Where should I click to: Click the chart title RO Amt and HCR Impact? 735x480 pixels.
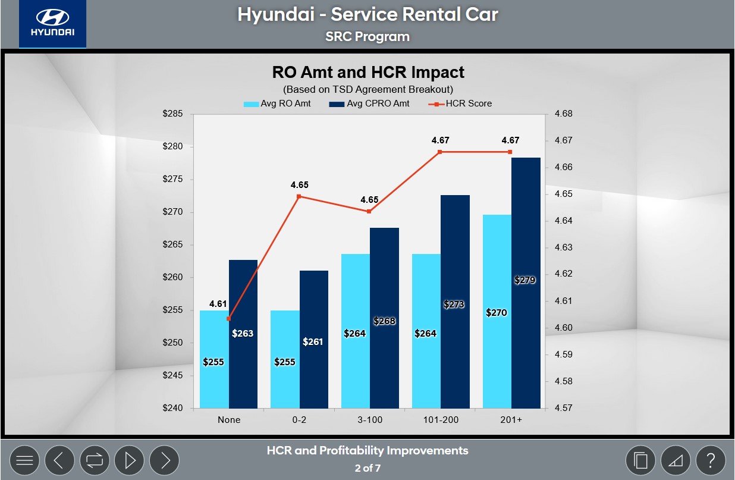tap(368, 73)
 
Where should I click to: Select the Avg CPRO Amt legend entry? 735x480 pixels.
tap(362, 103)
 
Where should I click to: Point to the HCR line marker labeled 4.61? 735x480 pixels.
tap(229, 319)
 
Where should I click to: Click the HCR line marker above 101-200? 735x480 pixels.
tap(440, 152)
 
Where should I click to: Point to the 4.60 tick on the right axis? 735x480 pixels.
tap(564, 328)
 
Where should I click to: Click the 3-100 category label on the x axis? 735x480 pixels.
tap(369, 420)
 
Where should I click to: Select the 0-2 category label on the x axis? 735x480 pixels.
tap(299, 420)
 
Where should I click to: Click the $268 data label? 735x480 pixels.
tap(384, 321)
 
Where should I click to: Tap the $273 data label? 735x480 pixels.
tap(454, 305)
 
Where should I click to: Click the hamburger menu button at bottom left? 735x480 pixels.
tap(24, 460)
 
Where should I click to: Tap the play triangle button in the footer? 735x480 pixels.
tap(130, 460)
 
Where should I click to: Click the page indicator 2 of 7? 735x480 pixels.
tap(367, 468)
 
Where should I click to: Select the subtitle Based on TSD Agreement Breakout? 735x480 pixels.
tap(368, 90)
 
